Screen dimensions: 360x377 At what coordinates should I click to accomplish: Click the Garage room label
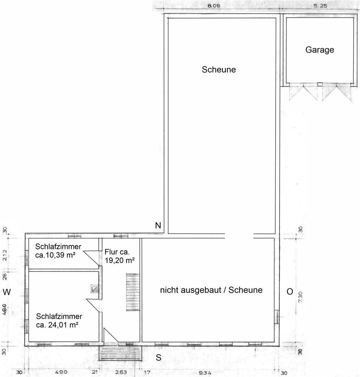pos(320,50)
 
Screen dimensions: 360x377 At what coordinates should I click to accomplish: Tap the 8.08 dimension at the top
pos(213,6)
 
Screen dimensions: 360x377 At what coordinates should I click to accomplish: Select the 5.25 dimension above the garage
pos(320,6)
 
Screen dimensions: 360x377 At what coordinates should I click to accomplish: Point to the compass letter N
pos(158,225)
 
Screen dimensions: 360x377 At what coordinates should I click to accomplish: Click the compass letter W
pos(7,292)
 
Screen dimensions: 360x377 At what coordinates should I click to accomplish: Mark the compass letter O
pos(290,292)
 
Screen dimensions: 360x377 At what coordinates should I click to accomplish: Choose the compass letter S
pos(158,358)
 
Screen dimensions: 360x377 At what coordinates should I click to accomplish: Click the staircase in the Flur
pos(133,292)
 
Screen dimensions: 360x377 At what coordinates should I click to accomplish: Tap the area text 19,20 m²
pos(120,260)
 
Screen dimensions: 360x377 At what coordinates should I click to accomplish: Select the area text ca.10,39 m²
pos(55,255)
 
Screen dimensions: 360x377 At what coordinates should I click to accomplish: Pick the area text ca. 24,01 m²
pos(57,325)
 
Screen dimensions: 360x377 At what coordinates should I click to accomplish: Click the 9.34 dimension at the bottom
pos(205,373)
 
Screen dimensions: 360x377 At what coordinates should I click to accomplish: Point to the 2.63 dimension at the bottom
pos(121,372)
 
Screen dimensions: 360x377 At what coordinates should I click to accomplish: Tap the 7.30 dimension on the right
pos(301,297)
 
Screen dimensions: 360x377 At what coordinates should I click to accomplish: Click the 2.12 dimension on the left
pos(5,255)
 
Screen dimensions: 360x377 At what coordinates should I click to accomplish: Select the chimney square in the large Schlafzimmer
pos(95,288)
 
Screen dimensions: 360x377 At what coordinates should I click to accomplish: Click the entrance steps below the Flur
pos(120,353)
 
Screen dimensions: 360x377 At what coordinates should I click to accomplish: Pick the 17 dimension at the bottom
pos(147,372)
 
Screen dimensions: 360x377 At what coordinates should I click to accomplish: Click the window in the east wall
pos(277,317)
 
